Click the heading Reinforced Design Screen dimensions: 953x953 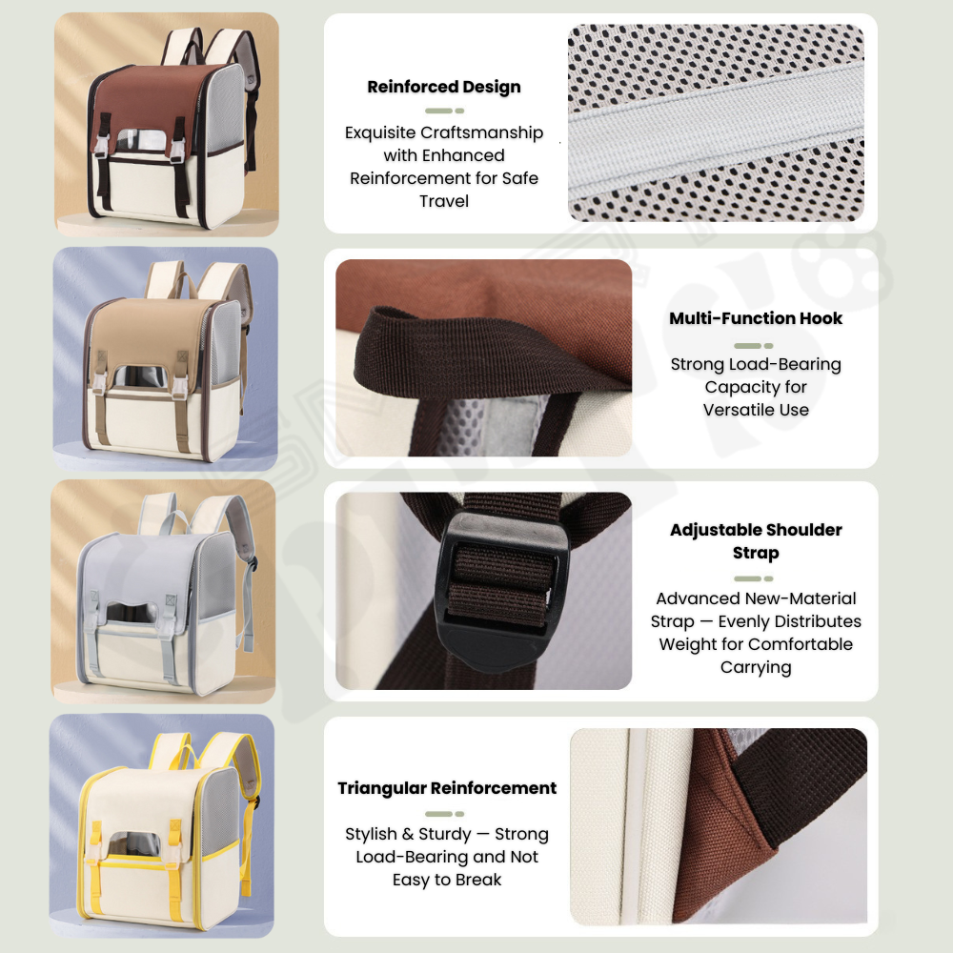[444, 87]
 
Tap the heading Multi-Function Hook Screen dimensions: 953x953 [756, 318]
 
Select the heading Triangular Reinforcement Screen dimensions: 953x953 [447, 788]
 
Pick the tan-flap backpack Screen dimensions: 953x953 [168, 361]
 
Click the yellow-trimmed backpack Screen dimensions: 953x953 [170, 830]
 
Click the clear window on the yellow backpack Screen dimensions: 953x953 [134, 844]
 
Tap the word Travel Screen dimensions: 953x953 [444, 201]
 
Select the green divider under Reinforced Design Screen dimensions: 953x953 [444, 111]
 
